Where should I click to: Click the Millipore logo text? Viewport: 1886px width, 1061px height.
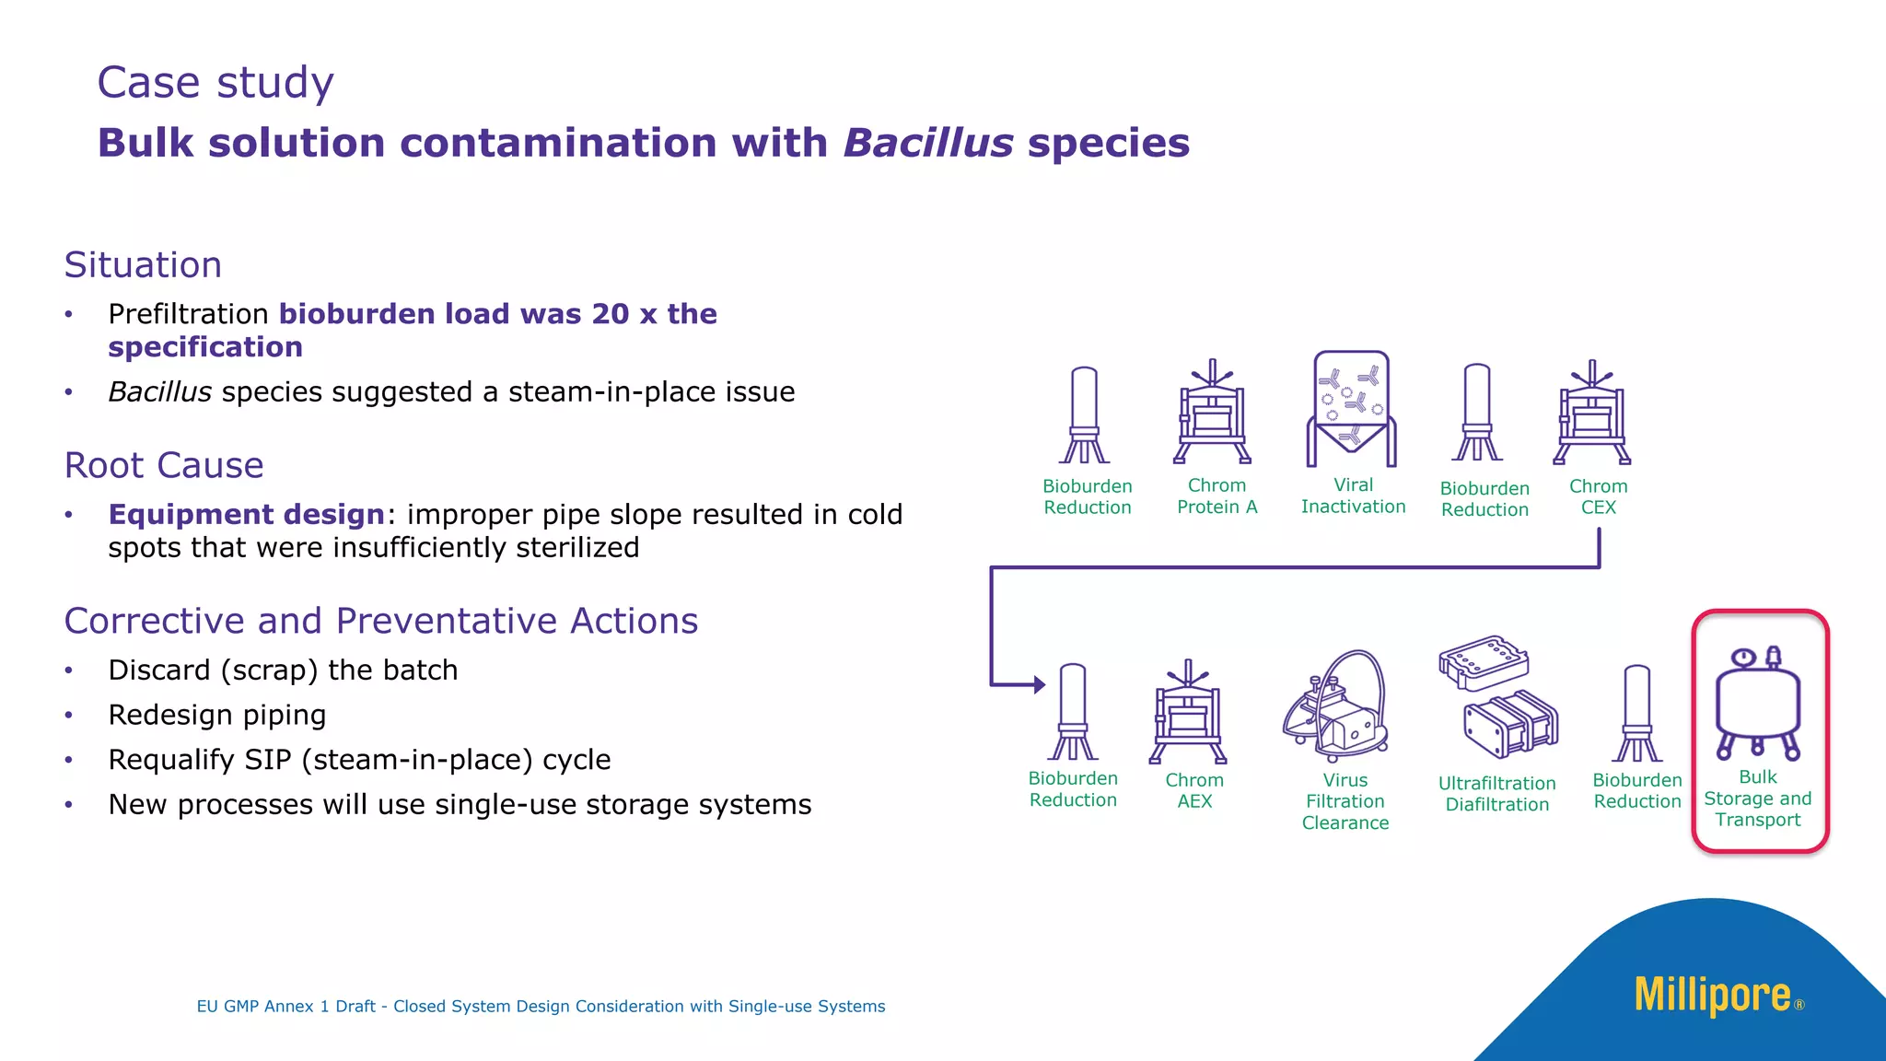pyautogui.click(x=1713, y=996)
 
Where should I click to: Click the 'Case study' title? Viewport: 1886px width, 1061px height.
pyautogui.click(x=215, y=83)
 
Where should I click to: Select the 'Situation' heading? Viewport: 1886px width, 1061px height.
pyautogui.click(x=143, y=265)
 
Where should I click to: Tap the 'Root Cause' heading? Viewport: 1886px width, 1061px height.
pyautogui.click(x=164, y=466)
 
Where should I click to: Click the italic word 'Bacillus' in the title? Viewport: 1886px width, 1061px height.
pyautogui.click(x=928, y=144)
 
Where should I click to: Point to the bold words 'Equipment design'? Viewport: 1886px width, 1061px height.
pyautogui.click(x=246, y=515)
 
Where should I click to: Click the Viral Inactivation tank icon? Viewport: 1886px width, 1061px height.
pyautogui.click(x=1351, y=409)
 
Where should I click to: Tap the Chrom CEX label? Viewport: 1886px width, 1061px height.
pyautogui.click(x=1598, y=497)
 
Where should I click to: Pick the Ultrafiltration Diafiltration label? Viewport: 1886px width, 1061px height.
pyautogui.click(x=1496, y=794)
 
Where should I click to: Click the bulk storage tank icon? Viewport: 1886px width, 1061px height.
pyautogui.click(x=1758, y=705)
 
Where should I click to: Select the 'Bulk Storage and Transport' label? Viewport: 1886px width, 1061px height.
pyautogui.click(x=1757, y=799)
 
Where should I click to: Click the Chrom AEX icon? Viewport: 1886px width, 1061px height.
pyautogui.click(x=1188, y=713)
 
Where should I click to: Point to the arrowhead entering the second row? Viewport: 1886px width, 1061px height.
pyautogui.click(x=1039, y=684)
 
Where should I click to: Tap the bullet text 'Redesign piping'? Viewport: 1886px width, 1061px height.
pyautogui.click(x=217, y=716)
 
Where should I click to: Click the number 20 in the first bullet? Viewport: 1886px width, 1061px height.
pyautogui.click(x=611, y=314)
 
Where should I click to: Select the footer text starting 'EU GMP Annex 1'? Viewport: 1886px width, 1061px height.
pyautogui.click(x=541, y=1007)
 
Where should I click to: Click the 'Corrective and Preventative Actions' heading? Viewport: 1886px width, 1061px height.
pyautogui.click(x=381, y=622)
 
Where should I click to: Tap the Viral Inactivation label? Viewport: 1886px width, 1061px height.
pyautogui.click(x=1353, y=496)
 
